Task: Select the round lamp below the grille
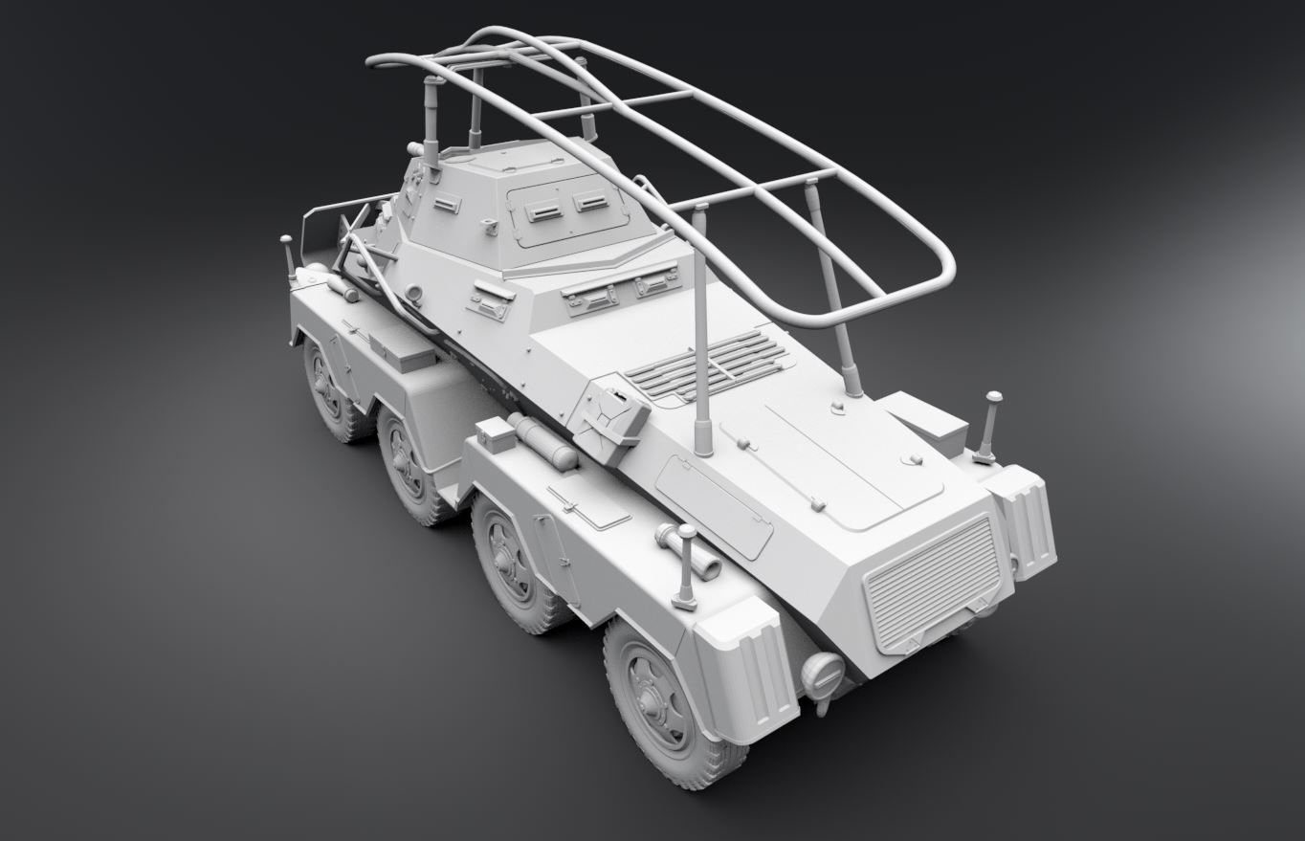(823, 675)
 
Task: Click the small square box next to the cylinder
(496, 435)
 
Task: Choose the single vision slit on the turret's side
(447, 204)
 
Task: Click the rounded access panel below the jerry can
(715, 505)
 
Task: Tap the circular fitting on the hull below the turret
(413, 295)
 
